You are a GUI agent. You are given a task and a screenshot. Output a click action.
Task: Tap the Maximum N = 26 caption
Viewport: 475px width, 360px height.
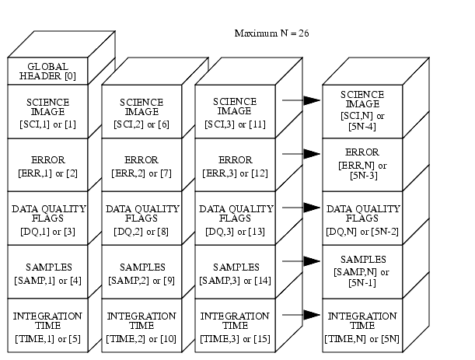(x=271, y=33)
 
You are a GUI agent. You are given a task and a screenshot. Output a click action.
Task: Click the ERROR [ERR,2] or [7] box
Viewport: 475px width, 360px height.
(x=141, y=165)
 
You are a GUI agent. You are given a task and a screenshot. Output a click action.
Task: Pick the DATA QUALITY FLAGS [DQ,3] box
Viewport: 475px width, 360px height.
(x=236, y=218)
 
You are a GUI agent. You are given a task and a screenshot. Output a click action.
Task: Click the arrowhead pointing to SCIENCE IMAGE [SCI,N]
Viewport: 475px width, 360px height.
(x=312, y=100)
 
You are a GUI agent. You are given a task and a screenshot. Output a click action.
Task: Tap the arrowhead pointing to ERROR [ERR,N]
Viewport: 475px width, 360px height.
(x=312, y=154)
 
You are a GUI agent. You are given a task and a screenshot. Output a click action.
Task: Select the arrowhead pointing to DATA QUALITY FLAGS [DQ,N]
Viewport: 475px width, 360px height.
(x=312, y=208)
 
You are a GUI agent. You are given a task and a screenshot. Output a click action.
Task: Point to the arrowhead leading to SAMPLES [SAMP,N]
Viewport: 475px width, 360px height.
(x=312, y=261)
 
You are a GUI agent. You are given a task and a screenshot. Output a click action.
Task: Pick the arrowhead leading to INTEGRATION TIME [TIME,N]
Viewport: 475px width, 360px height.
(x=312, y=314)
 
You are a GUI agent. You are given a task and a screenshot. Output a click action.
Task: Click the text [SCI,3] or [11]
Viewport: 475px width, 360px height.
(x=236, y=124)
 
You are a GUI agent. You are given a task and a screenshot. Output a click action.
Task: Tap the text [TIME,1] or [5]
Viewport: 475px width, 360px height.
(x=47, y=338)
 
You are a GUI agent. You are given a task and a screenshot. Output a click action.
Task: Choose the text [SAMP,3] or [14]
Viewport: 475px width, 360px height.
(x=236, y=280)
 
